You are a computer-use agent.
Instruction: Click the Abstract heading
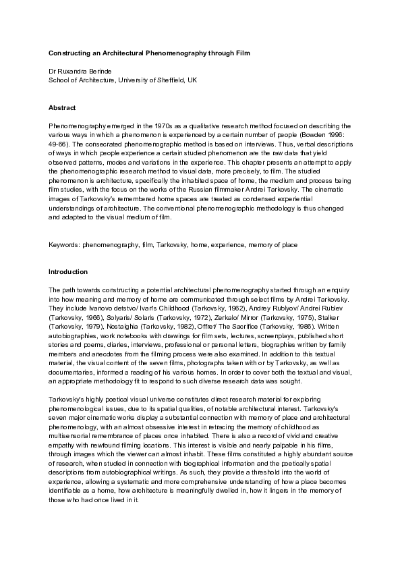click(62, 108)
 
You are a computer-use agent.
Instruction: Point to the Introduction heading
click(68, 272)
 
